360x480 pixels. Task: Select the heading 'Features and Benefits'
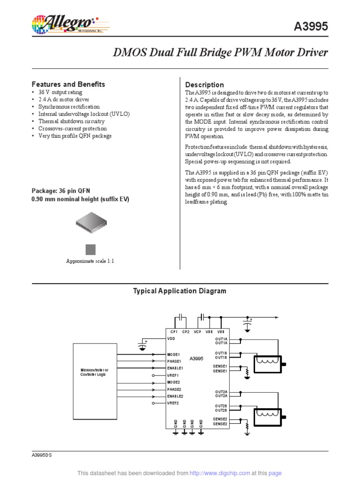[68, 84]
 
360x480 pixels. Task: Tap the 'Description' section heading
[205, 85]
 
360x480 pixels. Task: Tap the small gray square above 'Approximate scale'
[90, 249]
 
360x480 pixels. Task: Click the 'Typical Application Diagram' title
[180, 291]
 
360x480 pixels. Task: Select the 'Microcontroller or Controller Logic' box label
[94, 373]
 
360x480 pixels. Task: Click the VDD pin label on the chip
[171, 337]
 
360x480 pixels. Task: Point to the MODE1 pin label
[173, 354]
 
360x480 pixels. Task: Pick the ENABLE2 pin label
[174, 396]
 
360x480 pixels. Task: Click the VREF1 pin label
[172, 375]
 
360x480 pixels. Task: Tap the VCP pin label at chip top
[197, 331]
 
